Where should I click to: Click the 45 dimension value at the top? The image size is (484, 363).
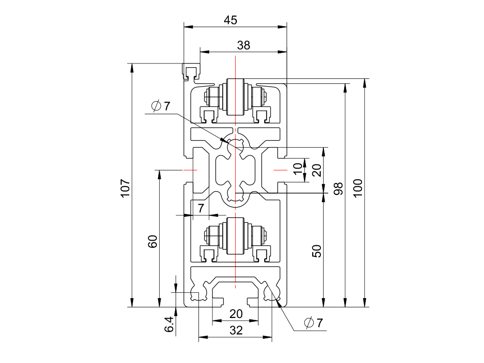[x=231, y=20]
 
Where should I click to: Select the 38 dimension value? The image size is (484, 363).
[x=243, y=45]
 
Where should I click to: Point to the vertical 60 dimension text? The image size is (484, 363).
[x=153, y=242]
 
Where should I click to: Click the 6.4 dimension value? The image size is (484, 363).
[x=169, y=325]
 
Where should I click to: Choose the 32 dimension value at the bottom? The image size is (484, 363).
[x=236, y=331]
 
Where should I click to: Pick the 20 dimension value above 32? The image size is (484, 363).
[x=236, y=314]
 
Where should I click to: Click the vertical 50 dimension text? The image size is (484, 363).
[x=317, y=251]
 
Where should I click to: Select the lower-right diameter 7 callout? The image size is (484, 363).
[x=313, y=323]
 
